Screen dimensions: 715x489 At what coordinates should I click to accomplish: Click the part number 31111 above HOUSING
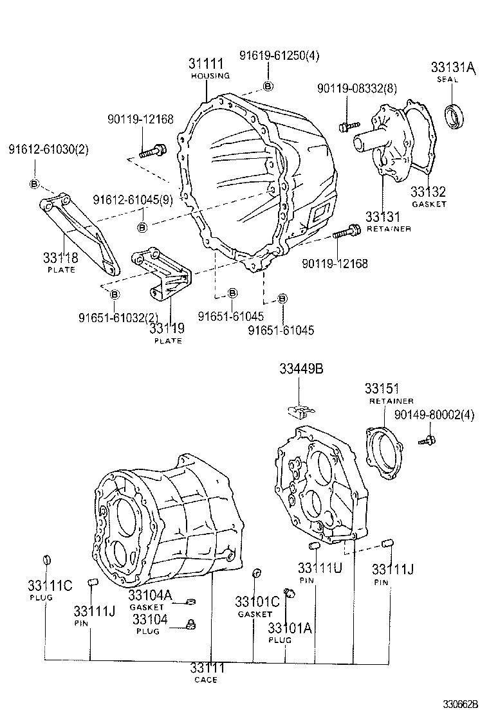tap(206, 64)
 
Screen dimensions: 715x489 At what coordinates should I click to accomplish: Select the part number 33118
tap(60, 258)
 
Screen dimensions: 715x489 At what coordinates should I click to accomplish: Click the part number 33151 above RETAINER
tap(382, 388)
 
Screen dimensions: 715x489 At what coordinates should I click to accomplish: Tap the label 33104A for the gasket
tap(150, 595)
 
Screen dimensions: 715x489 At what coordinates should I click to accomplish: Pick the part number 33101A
tap(290, 628)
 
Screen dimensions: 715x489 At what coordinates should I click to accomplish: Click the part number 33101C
tap(257, 602)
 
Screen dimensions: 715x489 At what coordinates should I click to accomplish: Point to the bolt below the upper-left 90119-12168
tap(152, 152)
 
